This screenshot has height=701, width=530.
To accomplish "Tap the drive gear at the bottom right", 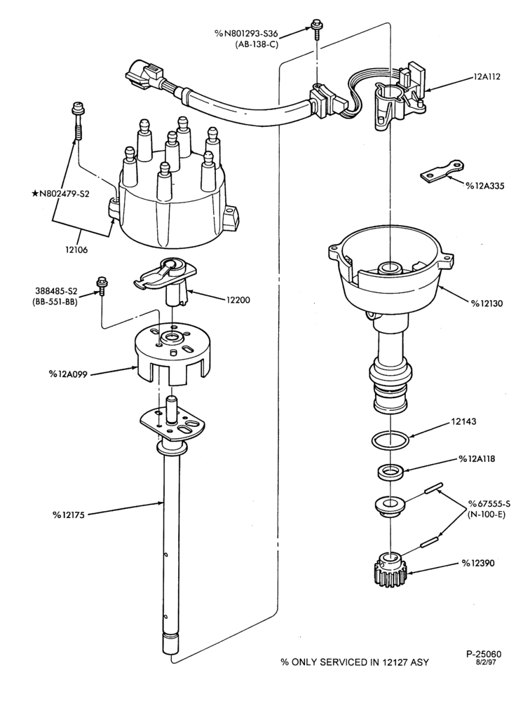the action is tap(391, 570).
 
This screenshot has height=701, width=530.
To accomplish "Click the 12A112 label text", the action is tap(487, 76).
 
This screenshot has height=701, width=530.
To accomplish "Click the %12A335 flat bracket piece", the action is tap(441, 172).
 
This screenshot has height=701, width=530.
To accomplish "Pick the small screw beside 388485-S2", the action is tap(102, 287).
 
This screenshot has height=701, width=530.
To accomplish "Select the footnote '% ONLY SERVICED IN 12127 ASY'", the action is tap(354, 662).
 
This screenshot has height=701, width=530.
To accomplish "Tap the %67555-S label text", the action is tap(489, 504).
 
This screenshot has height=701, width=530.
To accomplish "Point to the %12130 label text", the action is tap(486, 303).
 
